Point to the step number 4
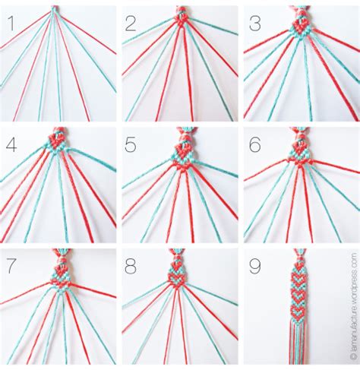tap(13, 144)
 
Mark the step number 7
tap(13, 266)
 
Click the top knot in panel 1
tap(54, 9)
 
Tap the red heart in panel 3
tap(301, 26)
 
